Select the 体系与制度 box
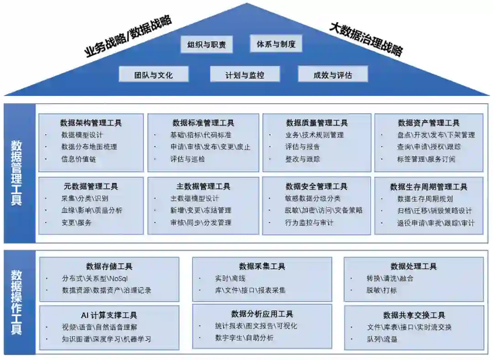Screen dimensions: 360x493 [x=276, y=44]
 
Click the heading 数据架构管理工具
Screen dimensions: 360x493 [x=91, y=123]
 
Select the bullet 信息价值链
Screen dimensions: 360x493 [x=79, y=159]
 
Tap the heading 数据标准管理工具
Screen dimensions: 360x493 [x=203, y=123]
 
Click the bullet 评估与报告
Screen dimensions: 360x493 [x=302, y=147]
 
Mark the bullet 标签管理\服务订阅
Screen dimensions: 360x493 [x=425, y=159]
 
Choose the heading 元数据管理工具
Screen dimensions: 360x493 [x=91, y=186]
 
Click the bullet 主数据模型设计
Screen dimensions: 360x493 [x=194, y=198]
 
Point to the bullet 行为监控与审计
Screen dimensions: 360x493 [x=309, y=222]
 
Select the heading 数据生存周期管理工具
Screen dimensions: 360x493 [x=429, y=187]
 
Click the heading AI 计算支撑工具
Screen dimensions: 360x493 [x=109, y=315]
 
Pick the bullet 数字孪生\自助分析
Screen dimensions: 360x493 [x=244, y=338]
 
